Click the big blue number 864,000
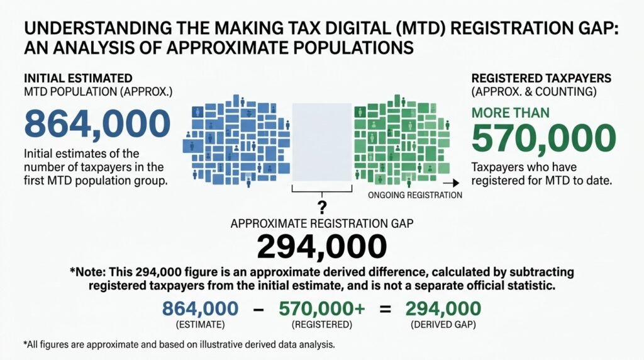[x=97, y=124]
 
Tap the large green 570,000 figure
[x=544, y=138]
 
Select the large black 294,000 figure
[x=321, y=247]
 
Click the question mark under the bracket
[x=322, y=207]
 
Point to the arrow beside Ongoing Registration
[x=451, y=183]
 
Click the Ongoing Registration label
[x=415, y=195]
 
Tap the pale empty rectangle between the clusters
[x=322, y=142]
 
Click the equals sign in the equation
[x=386, y=309]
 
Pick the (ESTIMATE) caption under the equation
[x=201, y=325]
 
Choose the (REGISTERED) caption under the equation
[x=322, y=325]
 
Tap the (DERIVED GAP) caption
[x=443, y=325]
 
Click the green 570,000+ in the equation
[x=321, y=308]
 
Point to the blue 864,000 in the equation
[x=201, y=308]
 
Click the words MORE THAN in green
[x=511, y=113]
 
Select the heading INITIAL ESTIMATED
[x=78, y=79]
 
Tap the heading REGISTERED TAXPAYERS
[x=541, y=79]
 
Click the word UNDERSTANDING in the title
[x=98, y=28]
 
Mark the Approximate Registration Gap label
[x=322, y=223]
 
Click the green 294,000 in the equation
[x=443, y=308]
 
